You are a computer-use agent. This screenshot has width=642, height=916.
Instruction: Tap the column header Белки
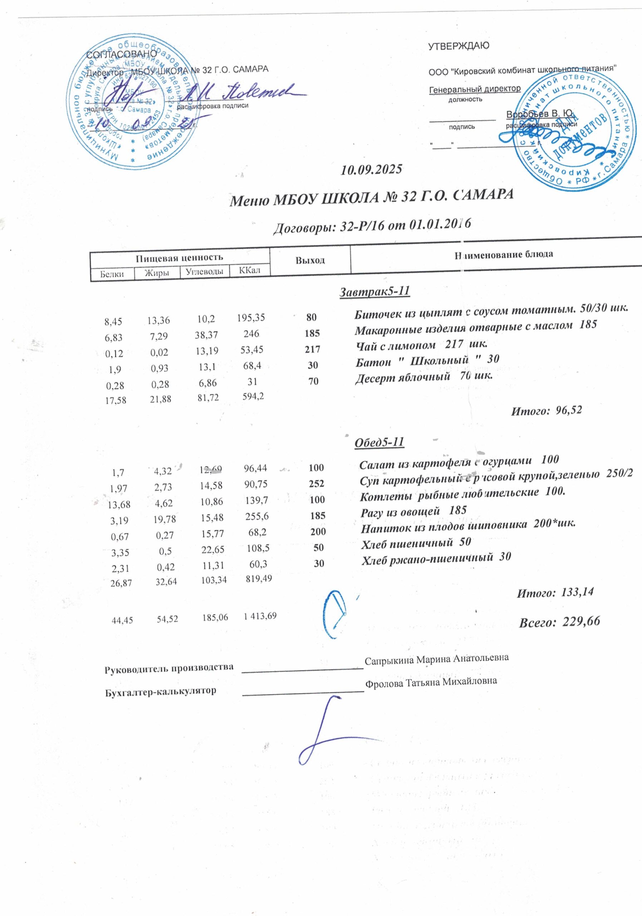point(112,274)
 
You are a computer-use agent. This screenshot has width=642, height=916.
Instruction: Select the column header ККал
point(249,271)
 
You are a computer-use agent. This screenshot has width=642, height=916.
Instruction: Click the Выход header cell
point(310,260)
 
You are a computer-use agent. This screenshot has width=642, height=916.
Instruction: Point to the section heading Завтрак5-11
point(374,292)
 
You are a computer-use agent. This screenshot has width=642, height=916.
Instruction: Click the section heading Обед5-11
point(379,442)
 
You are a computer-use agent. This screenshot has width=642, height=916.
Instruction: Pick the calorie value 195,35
point(250,318)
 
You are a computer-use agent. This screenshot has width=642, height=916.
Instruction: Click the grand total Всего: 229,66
point(559,622)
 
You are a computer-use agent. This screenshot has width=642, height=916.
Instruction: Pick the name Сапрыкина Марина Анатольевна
point(437,659)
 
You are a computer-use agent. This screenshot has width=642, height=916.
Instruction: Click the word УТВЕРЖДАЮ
point(459,46)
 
